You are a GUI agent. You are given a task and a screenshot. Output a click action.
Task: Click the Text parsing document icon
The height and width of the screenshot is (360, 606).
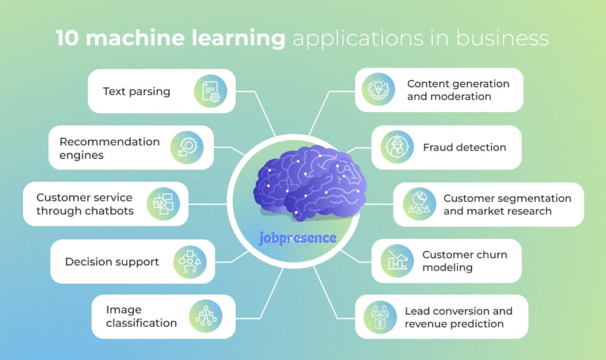pyautogui.click(x=211, y=91)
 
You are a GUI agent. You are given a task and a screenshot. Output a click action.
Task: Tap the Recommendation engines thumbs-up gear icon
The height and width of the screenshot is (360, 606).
pyautogui.click(x=187, y=147)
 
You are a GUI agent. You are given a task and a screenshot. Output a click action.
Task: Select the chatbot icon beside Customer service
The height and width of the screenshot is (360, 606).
pyautogui.click(x=163, y=204)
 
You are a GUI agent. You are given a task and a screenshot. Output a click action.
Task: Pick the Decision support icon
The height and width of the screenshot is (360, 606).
pyautogui.click(x=190, y=262)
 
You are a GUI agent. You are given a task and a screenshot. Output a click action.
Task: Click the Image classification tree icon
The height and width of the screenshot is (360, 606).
pyautogui.click(x=205, y=316)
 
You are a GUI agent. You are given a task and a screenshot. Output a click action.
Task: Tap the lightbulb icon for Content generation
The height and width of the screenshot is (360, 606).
pyautogui.click(x=378, y=90)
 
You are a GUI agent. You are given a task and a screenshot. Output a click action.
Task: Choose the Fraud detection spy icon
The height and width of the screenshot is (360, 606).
pyautogui.click(x=397, y=147)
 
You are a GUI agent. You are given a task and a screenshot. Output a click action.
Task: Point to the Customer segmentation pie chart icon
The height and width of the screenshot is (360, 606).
pyautogui.click(x=419, y=204)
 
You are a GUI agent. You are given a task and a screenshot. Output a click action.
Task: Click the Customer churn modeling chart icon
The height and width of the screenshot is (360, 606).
pyautogui.click(x=397, y=261)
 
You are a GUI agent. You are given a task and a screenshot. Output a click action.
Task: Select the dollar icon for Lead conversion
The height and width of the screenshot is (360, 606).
pyautogui.click(x=380, y=317)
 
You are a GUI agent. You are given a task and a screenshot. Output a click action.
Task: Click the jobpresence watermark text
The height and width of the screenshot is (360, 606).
pyautogui.click(x=298, y=238)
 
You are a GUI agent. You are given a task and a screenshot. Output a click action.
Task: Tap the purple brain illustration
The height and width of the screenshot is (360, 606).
pyautogui.click(x=310, y=183)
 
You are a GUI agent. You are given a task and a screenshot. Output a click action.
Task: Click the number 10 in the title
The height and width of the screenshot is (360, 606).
pyautogui.click(x=67, y=38)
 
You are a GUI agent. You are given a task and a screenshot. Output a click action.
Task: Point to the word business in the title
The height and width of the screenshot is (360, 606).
pyautogui.click(x=502, y=38)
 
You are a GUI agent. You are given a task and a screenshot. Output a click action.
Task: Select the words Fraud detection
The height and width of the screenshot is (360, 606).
pyautogui.click(x=464, y=147)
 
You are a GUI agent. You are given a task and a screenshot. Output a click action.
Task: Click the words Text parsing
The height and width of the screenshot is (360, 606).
pyautogui.click(x=137, y=92)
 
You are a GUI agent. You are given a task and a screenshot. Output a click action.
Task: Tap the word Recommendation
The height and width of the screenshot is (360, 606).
pyautogui.click(x=109, y=142)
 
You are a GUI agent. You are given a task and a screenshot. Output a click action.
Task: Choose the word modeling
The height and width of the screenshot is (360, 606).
pyautogui.click(x=447, y=268)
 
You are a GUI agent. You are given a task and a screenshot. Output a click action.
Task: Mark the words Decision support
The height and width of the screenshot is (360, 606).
pyautogui.click(x=112, y=262)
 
